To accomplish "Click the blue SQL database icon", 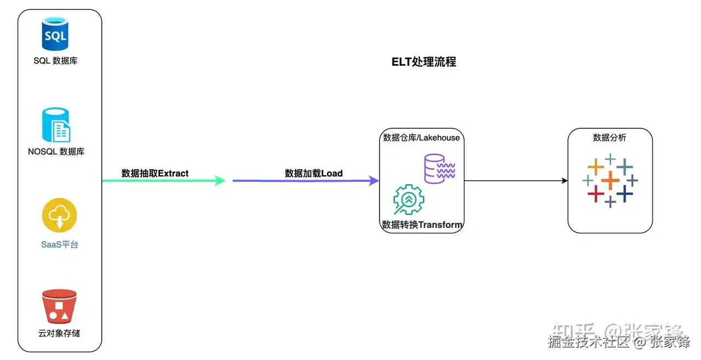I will point(55,34).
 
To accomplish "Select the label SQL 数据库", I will point(55,61).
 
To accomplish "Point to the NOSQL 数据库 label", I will point(56,151).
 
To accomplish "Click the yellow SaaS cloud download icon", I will point(60,215).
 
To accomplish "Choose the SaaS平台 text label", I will point(60,244).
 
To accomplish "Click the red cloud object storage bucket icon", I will point(59,306).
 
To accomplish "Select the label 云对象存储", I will point(59,333).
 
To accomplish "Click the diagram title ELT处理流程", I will point(424,62).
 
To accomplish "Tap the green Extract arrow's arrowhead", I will point(221,180).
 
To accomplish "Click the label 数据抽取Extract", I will point(155,173).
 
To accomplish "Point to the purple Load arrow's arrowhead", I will point(375,180).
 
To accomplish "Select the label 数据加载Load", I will point(314,173).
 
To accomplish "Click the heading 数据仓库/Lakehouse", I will point(422,138).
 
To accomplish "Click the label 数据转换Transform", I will point(422,225).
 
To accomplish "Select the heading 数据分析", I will point(610,138).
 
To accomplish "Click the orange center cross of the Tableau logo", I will point(610,180).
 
